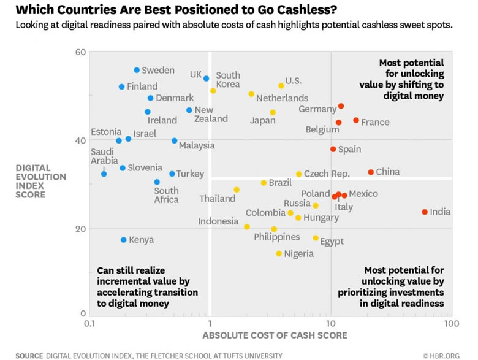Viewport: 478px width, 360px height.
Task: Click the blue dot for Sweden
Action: coord(137,70)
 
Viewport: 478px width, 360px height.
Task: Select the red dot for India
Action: coord(425,212)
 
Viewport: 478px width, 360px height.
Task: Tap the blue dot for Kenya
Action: coord(124,240)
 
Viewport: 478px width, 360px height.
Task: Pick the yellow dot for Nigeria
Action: coord(279,253)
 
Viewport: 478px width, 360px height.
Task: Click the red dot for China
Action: coord(371,172)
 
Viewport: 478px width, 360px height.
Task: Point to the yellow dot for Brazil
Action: coord(264,183)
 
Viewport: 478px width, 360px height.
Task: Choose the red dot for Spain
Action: coord(333,149)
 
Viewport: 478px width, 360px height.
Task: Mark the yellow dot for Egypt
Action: coord(316,238)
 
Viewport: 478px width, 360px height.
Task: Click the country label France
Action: coord(375,122)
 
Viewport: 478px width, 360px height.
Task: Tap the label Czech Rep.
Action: coord(327,174)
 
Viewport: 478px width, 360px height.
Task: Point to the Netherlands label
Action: coord(282,98)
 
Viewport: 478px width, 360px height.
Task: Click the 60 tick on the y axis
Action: coord(80,52)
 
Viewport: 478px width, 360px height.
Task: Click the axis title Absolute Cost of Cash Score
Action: coord(275,335)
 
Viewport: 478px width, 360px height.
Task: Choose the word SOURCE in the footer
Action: coord(29,355)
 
